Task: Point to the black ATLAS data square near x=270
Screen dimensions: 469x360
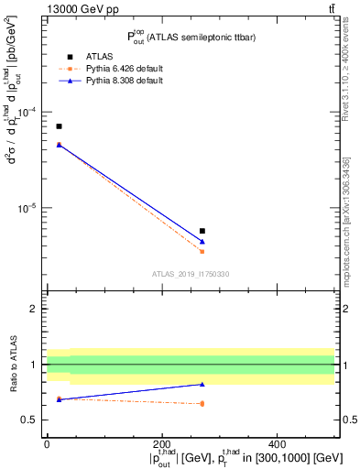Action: tap(202, 231)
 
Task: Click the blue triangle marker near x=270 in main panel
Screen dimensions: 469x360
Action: tap(202, 241)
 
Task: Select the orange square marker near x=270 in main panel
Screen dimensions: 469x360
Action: tap(202, 251)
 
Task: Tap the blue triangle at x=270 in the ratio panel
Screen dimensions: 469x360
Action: tap(202, 384)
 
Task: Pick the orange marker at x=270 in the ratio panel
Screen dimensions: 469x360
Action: tap(202, 403)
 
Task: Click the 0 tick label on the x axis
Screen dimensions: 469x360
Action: tap(47, 444)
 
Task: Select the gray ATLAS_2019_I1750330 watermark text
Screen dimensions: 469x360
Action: tap(191, 274)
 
